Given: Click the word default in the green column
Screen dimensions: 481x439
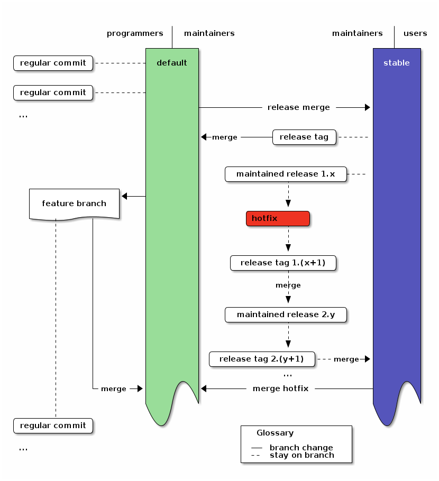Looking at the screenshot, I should (172, 63).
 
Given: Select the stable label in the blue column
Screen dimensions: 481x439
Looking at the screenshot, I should (397, 63).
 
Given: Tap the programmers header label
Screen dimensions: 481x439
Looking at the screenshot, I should (135, 33).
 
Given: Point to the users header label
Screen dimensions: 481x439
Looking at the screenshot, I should (415, 33).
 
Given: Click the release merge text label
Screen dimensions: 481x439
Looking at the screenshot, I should (299, 107).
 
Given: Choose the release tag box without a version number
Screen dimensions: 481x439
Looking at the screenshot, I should (304, 137).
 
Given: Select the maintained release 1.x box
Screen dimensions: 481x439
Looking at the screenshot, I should (286, 174).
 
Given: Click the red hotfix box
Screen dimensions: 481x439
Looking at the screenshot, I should (278, 218).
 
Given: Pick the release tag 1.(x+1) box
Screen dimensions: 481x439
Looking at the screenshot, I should (283, 263).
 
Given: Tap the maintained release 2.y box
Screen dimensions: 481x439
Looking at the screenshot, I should (286, 314).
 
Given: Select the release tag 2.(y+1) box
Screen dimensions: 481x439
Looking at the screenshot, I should (262, 359).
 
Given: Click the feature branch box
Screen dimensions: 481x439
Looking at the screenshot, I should (74, 203).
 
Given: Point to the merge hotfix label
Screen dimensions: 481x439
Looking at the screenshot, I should (280, 388).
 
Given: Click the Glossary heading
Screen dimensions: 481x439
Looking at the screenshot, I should (275, 433).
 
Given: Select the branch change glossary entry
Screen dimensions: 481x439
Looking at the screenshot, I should (301, 448).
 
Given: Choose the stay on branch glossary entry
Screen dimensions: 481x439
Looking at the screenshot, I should (301, 455).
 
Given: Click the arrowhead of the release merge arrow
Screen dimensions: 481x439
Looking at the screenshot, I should (367, 107).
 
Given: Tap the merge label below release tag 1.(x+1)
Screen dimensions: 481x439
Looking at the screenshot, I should (288, 285).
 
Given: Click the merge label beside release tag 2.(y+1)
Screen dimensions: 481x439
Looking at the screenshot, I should (346, 359).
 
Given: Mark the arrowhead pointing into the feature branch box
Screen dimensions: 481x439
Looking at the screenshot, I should (125, 196).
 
